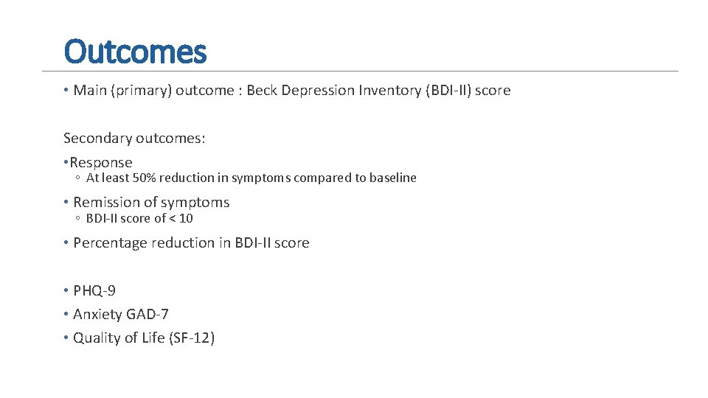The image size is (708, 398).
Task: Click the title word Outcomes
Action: (x=135, y=52)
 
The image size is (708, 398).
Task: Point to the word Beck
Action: (x=263, y=91)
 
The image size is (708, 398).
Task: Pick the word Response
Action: (x=101, y=162)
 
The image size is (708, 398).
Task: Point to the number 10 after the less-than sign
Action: (x=187, y=218)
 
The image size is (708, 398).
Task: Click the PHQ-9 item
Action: (x=94, y=290)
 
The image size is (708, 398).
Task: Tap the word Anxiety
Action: (x=97, y=314)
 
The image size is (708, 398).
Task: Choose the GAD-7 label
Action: (x=147, y=314)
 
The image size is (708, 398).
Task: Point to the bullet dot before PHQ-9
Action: (x=66, y=290)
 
